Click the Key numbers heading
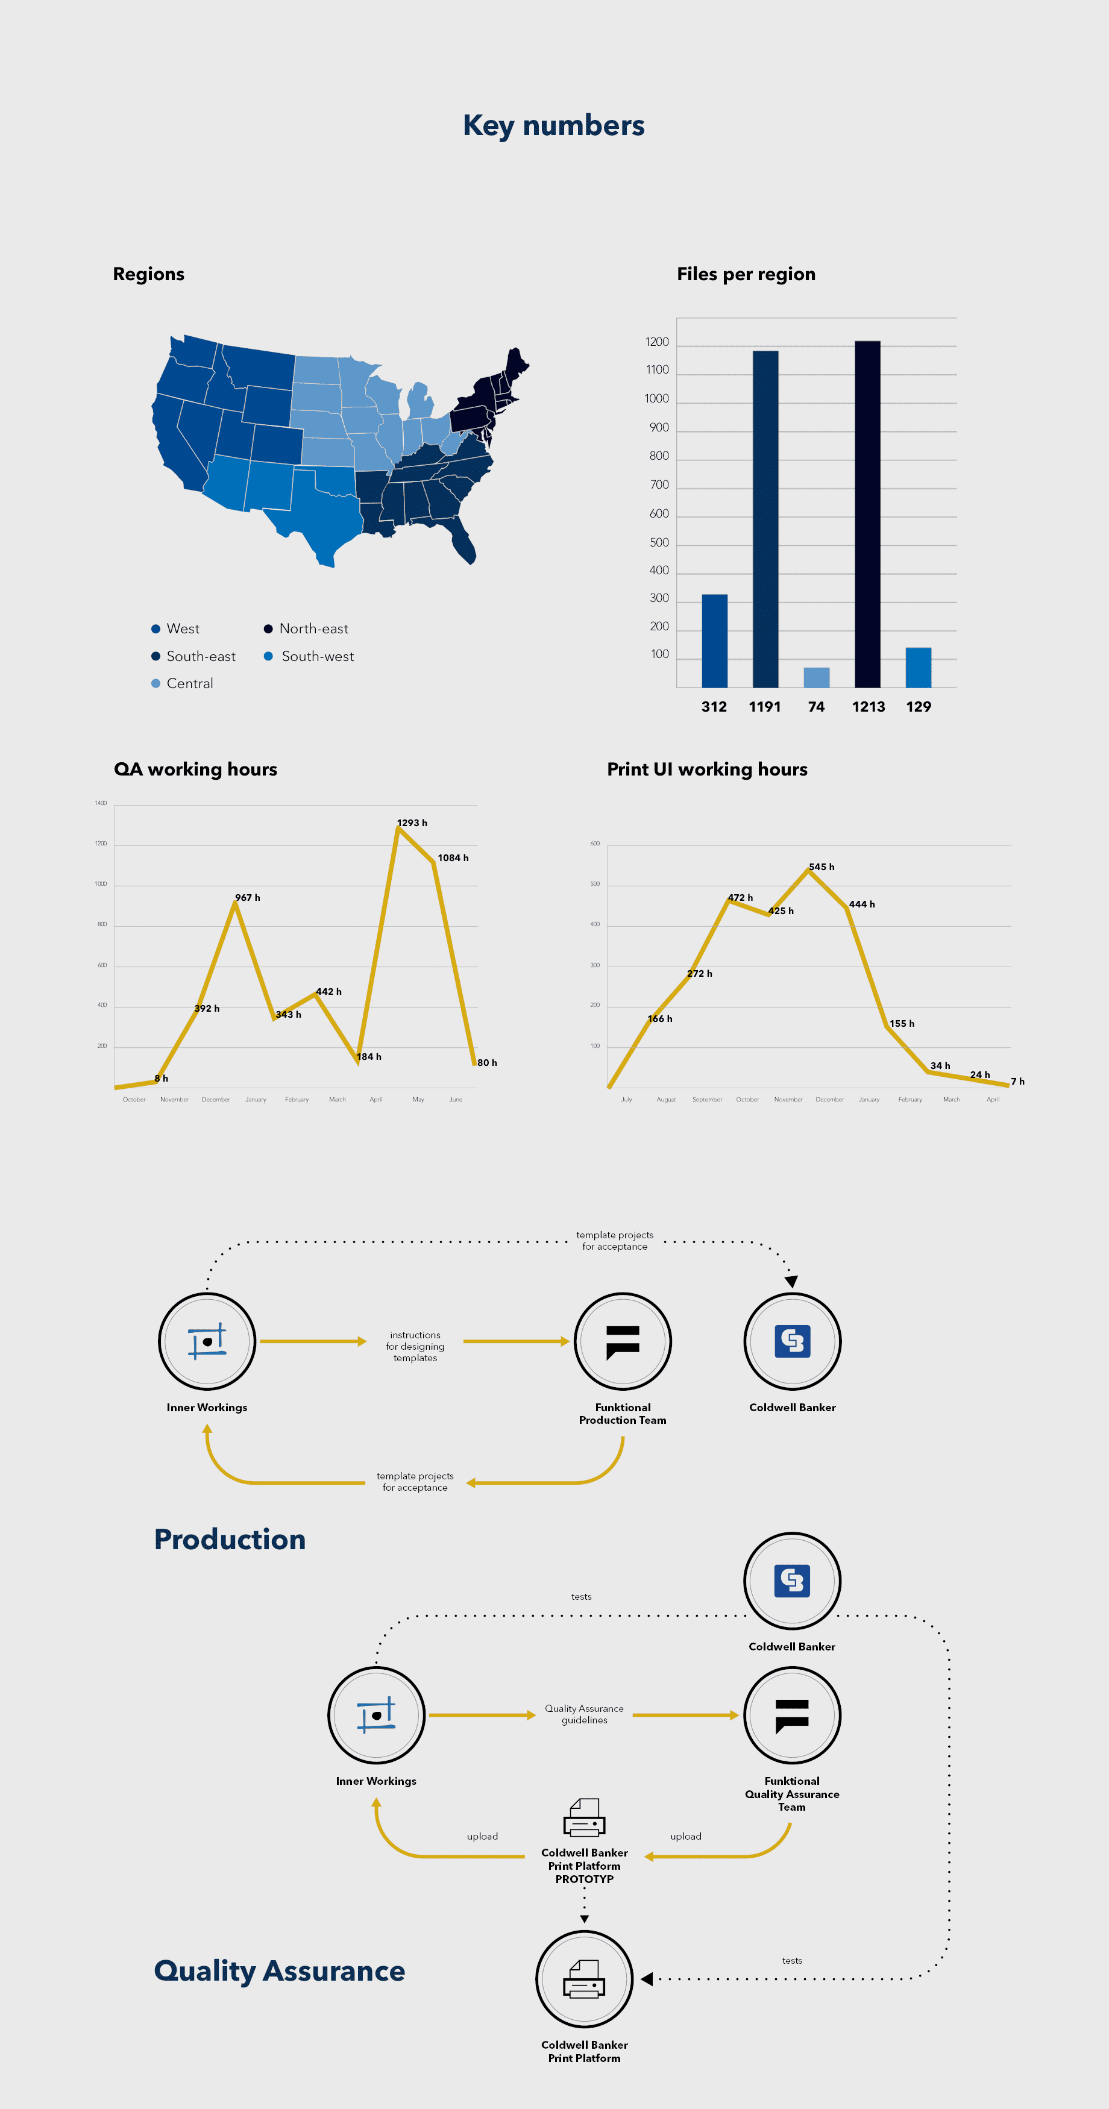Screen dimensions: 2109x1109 (554, 125)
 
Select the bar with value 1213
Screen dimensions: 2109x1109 (867, 514)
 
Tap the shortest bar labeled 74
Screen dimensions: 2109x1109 (816, 677)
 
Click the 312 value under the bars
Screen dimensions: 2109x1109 (714, 707)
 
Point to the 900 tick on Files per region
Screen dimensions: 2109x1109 (659, 427)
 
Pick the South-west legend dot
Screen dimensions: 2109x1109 (268, 656)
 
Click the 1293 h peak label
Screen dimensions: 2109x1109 (412, 823)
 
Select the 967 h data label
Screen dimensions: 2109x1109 (247, 897)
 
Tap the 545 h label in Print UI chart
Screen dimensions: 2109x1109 (822, 867)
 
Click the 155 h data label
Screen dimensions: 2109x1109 (902, 1023)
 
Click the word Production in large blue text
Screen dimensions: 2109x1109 (230, 1539)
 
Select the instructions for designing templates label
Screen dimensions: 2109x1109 (415, 1346)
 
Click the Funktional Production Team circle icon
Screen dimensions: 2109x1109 (623, 1341)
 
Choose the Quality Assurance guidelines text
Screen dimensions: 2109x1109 (584, 1714)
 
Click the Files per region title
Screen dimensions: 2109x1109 (746, 274)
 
